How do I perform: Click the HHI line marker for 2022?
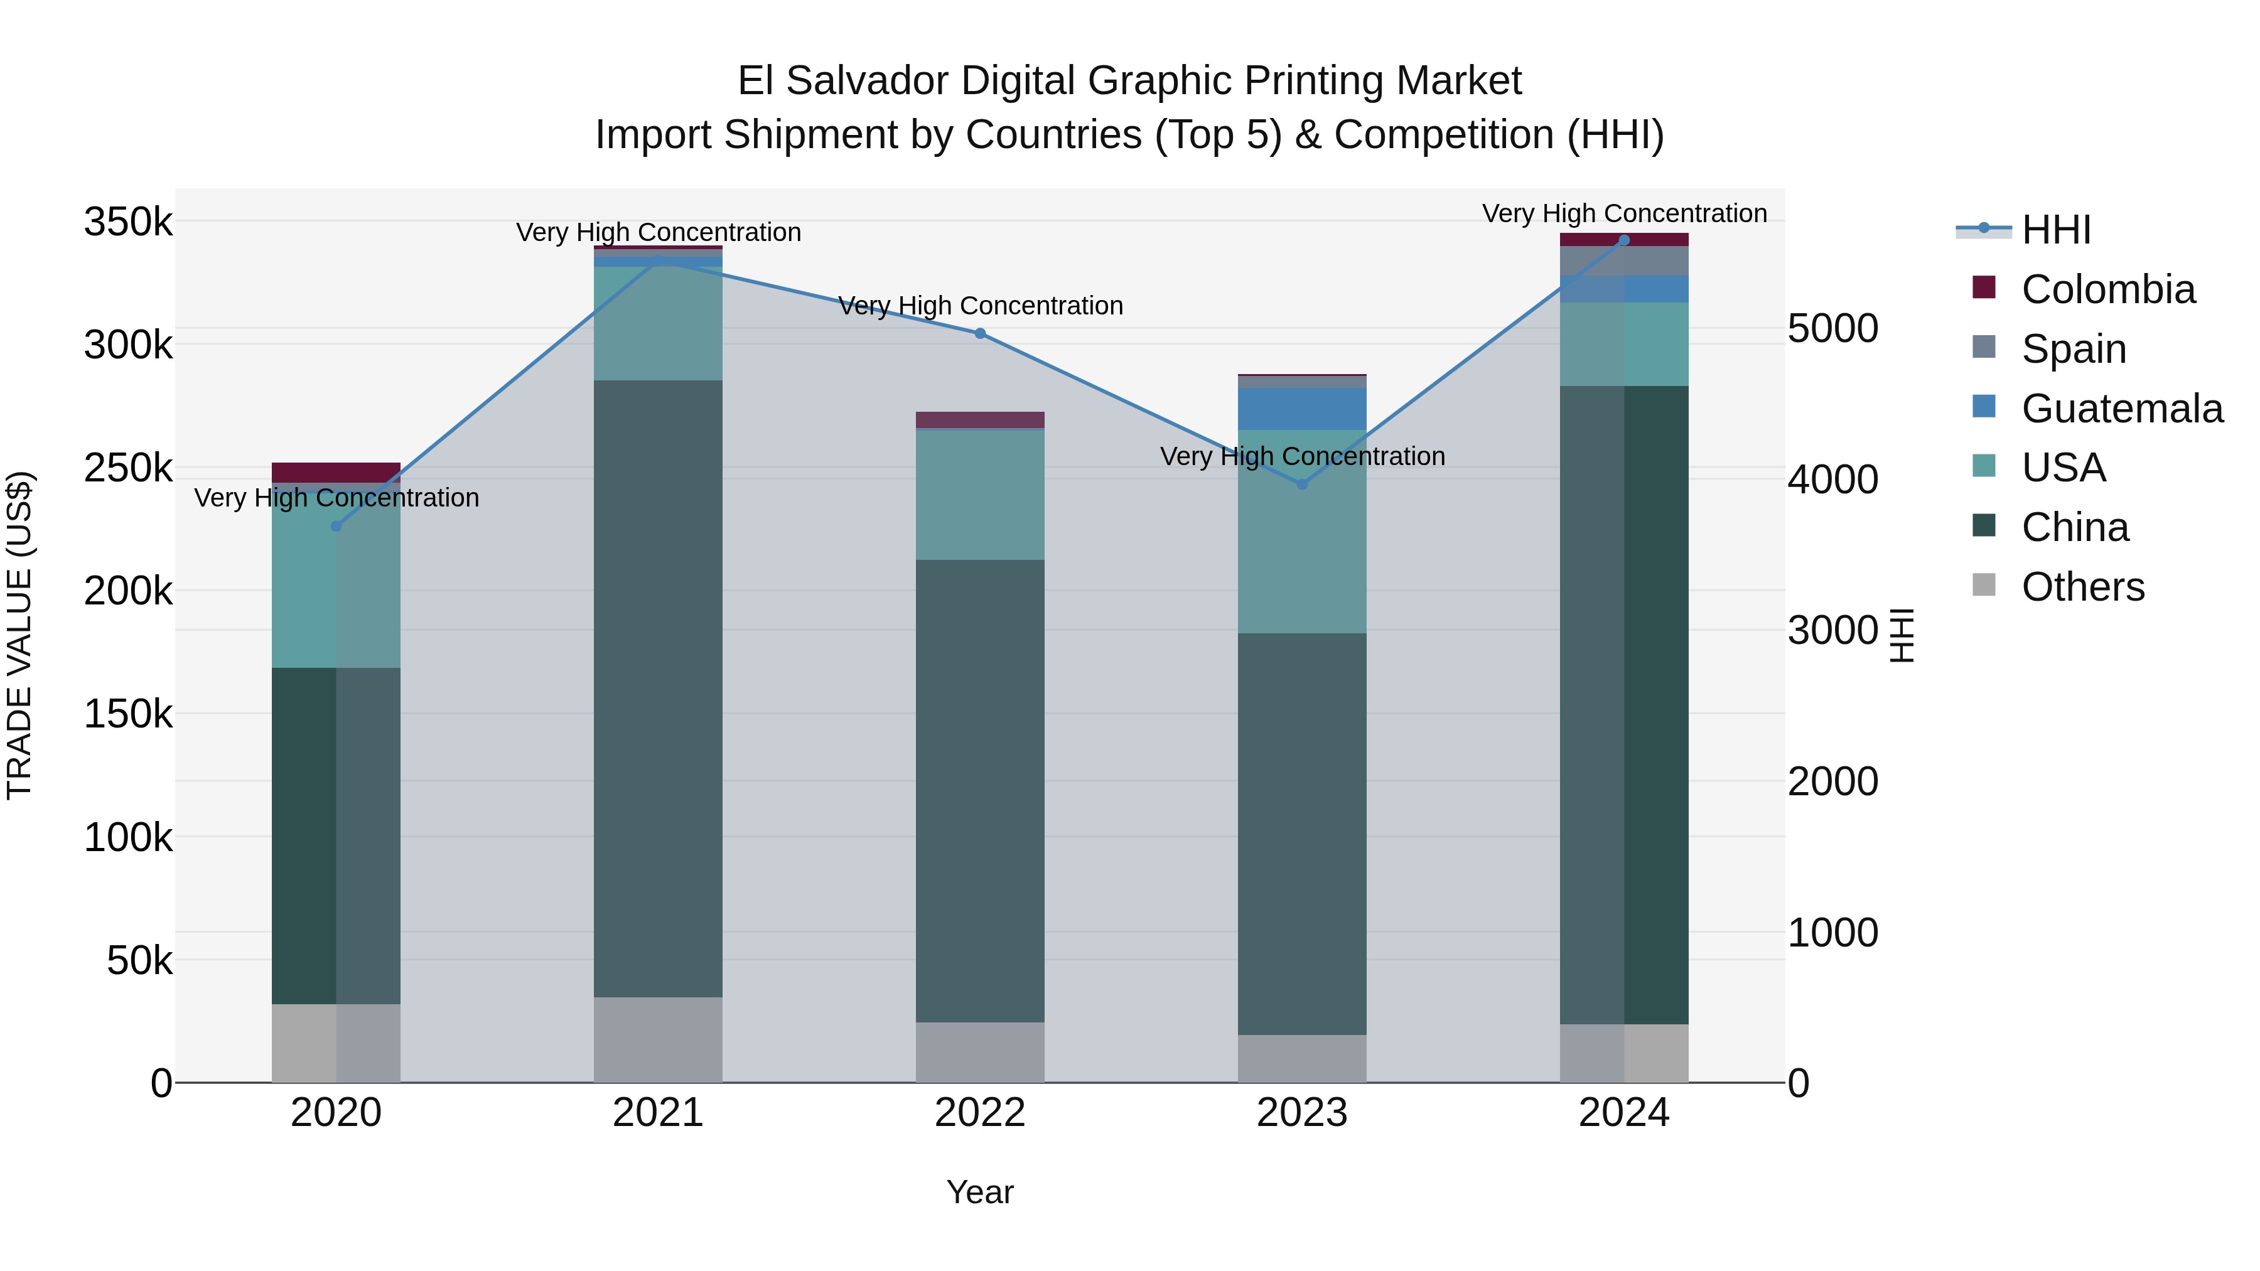[980, 333]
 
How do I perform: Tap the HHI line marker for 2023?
[1302, 484]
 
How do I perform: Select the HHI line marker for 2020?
[336, 527]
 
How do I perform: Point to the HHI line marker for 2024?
[1624, 240]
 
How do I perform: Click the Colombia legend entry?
[2107, 289]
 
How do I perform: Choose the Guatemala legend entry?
[2121, 409]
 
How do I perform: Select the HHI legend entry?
[2055, 230]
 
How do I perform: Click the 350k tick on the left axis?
[128, 222]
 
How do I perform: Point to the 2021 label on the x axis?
[658, 1113]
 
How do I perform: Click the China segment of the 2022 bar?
[980, 790]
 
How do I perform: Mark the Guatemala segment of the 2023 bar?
[1302, 408]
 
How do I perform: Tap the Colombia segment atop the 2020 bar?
[336, 472]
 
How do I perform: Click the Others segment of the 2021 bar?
[658, 1039]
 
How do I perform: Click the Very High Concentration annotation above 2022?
[980, 306]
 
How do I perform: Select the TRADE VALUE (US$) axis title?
[19, 635]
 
